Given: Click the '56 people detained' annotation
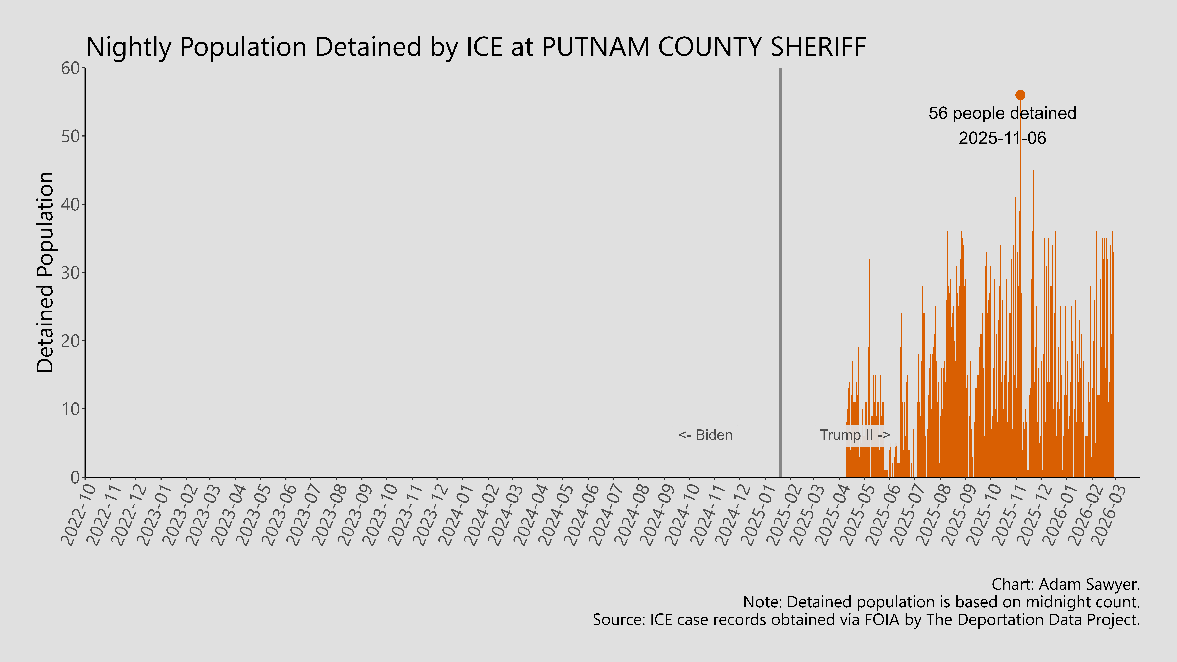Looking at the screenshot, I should coord(1002,113).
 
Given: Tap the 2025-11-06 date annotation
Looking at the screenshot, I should coord(1002,138).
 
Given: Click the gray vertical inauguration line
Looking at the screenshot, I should coord(780,274).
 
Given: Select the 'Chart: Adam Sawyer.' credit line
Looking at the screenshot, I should coord(1066,584).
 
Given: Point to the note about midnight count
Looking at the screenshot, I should coord(941,602).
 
